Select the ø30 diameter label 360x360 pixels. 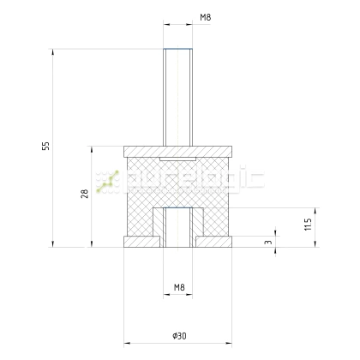click(x=180, y=333)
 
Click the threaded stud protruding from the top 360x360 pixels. click(x=180, y=95)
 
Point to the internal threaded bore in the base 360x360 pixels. click(x=180, y=227)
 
